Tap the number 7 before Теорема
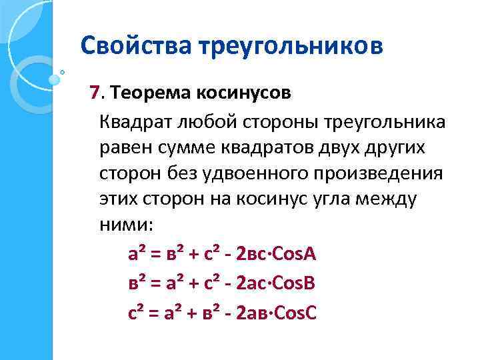tap(94, 93)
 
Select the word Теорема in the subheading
tap(146, 93)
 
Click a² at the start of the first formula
tap(137, 255)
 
